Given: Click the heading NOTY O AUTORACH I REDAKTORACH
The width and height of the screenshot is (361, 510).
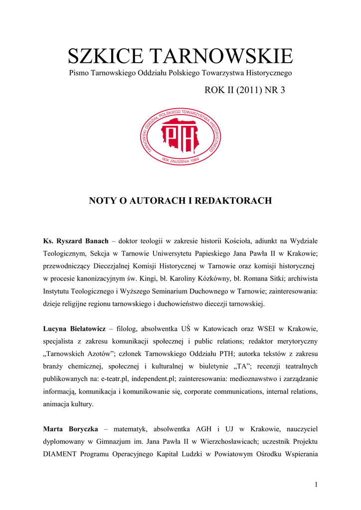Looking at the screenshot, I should pyautogui.click(x=180, y=201).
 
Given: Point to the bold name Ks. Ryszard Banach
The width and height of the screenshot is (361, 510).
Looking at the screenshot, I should pyautogui.click(x=76, y=241).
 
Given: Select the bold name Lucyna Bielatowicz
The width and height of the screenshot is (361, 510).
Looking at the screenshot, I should pyautogui.click(x=75, y=329).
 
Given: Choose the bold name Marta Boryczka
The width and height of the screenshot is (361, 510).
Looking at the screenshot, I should pyautogui.click(x=70, y=429).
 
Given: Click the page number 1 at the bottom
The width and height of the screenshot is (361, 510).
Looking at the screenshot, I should pyautogui.click(x=316, y=486).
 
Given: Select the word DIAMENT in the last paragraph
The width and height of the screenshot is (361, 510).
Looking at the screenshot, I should pyautogui.click(x=60, y=454).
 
